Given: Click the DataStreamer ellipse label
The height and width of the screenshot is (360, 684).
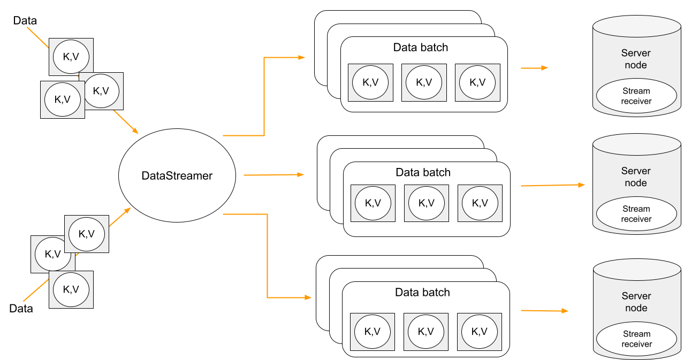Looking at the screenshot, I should tap(177, 175).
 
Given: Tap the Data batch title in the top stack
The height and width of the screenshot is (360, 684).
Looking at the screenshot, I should tap(420, 47).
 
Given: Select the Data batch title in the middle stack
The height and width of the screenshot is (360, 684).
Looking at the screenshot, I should tap(423, 172).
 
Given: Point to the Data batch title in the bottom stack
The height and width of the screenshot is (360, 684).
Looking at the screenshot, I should tap(422, 292).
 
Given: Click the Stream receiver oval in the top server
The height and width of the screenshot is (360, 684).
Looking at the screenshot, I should tap(636, 96).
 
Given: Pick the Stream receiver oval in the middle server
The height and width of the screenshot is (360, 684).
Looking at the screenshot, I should tap(636, 214).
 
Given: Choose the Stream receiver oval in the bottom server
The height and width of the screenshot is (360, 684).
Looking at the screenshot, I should tap(636, 339).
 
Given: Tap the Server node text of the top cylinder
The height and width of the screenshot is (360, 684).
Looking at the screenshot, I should tap(636, 59).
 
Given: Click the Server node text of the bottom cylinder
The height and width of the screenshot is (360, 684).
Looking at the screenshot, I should tap(636, 302).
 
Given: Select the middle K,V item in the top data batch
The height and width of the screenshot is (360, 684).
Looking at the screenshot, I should tap(423, 82).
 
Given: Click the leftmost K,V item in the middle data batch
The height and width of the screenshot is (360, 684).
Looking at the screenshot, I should tap(373, 203).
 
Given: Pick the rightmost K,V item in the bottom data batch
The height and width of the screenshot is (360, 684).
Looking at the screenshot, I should tap(479, 332).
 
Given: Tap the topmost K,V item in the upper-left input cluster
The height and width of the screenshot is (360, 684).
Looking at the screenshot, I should tap(71, 56).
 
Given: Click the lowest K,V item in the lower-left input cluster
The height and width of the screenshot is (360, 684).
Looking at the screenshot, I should tap(71, 289).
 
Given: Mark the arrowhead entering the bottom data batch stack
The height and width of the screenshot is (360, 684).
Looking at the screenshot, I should tap(308, 297).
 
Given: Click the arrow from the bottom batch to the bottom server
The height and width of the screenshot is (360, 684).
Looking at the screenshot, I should tap(544, 310).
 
